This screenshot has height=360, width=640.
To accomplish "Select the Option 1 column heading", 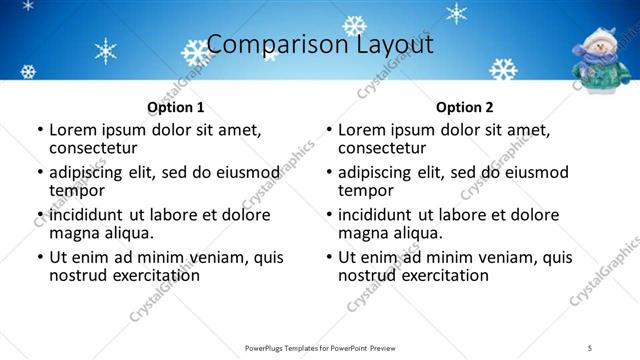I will coord(175,107).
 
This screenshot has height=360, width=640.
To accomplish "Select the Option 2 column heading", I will coord(464,107).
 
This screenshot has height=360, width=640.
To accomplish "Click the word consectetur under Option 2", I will coord(380,149).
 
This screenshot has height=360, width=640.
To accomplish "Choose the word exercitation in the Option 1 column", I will coord(151,275).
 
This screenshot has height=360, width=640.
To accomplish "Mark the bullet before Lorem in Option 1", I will coord(39,131).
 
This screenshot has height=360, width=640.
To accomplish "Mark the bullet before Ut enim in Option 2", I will coord(328,257).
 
